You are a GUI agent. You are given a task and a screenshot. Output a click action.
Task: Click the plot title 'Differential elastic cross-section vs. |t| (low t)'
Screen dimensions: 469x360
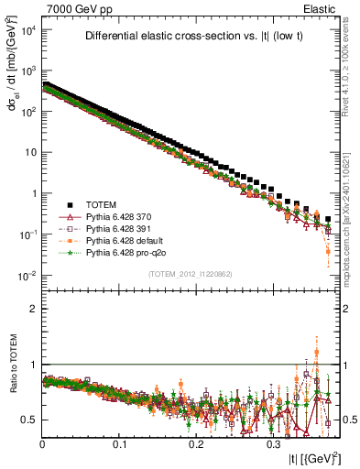(x=191, y=37)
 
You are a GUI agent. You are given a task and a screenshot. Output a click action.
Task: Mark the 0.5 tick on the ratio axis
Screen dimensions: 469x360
(x=30, y=420)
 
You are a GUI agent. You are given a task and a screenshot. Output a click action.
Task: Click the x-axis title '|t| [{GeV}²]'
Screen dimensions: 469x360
(x=314, y=456)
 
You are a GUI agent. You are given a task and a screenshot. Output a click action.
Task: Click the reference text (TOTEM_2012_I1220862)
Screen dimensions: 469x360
(x=191, y=275)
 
